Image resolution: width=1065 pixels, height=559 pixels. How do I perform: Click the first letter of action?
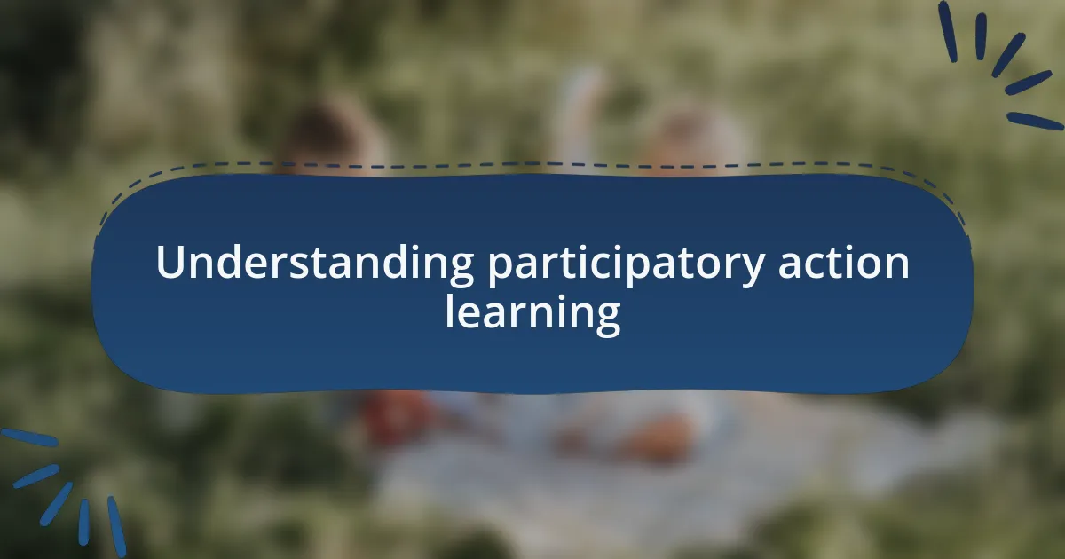pyautogui.click(x=785, y=265)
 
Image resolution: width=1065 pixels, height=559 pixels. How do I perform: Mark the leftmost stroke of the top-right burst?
pyautogui.click(x=947, y=31)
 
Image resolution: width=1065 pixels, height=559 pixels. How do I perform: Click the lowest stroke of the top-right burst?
pyautogui.click(x=1034, y=121)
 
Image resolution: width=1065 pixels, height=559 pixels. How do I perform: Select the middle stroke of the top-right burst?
pyautogui.click(x=1007, y=54)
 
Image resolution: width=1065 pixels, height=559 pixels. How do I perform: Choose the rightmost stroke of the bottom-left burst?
pyautogui.click(x=116, y=526)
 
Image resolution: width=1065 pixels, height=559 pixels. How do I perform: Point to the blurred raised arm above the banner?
pyautogui.click(x=581, y=111)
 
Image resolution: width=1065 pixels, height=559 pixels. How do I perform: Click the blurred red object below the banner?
pyautogui.click(x=395, y=417)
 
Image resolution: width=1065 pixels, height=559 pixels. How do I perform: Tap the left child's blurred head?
pyautogui.click(x=328, y=138)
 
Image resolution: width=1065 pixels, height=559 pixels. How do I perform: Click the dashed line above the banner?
pyautogui.click(x=532, y=164)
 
